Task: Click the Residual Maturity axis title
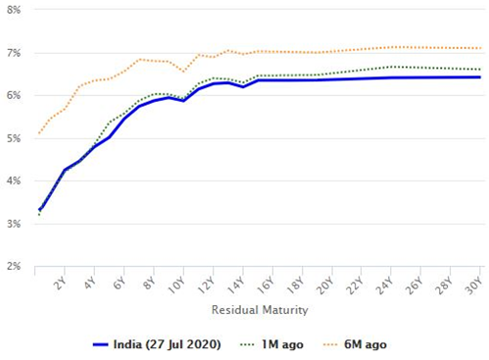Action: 260,309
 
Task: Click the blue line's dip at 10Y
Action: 183,101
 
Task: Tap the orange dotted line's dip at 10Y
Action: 183,72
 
